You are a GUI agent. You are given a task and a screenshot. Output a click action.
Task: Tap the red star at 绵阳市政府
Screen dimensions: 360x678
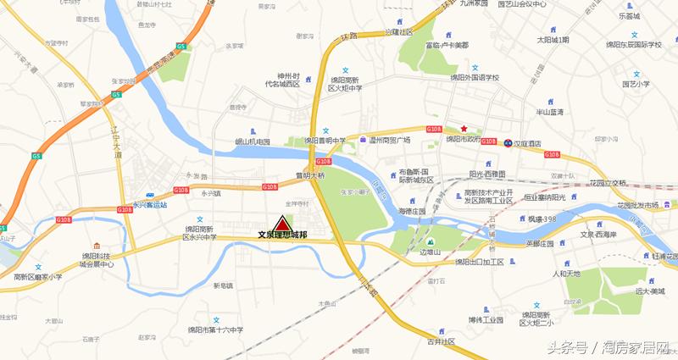[464, 129]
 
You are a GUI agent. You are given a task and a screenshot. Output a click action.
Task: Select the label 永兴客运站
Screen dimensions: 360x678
[150, 204]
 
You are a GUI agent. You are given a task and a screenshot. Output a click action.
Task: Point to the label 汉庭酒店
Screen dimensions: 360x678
[532, 144]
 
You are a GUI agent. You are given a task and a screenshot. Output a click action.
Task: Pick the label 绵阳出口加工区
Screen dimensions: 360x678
[479, 262]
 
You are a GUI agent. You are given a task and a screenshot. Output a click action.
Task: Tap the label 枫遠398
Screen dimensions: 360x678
[540, 219]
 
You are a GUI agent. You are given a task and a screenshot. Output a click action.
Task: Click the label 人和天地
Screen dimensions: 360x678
[567, 274]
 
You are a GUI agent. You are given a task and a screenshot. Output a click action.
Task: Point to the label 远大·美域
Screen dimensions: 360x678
[652, 290]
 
